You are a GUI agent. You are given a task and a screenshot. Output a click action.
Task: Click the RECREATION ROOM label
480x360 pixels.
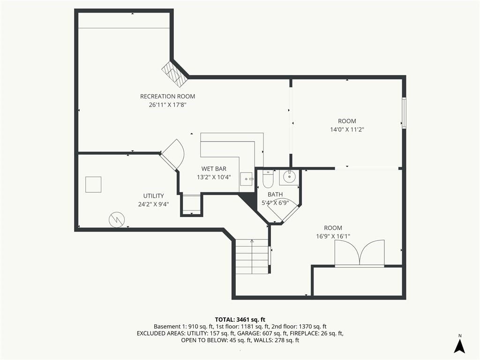tap(167, 97)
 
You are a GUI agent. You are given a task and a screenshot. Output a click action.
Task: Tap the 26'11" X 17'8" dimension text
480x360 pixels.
tap(168, 105)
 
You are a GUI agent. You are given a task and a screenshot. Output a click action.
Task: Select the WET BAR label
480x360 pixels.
tap(214, 169)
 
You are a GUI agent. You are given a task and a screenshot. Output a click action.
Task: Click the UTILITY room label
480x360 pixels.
tap(154, 195)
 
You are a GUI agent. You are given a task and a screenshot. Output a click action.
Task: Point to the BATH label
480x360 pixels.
tap(275, 195)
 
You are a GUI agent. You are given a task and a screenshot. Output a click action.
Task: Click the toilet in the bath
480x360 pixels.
tap(268, 179)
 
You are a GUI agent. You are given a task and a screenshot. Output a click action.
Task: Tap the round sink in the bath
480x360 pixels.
tap(289, 177)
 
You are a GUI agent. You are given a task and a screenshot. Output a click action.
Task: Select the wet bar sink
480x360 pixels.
tap(247, 179)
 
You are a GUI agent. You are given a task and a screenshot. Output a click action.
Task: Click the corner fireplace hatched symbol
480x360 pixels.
tap(174, 74)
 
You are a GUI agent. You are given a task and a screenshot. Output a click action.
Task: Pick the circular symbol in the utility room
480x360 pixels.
tap(117, 219)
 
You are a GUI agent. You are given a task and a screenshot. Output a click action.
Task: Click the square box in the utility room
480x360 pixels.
tap(93, 185)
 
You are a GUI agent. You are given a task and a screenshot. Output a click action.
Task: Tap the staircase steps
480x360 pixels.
tap(252, 256)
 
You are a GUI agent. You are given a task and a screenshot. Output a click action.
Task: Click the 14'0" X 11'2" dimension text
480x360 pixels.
tap(347, 129)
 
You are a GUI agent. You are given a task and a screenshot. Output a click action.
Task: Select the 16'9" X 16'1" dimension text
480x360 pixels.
tap(333, 236)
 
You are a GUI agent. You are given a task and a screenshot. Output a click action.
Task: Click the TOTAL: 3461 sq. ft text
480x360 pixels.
tap(240, 320)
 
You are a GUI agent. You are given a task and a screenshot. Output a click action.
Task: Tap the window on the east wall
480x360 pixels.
tap(404, 112)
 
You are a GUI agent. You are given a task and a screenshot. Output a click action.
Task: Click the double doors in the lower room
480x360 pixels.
tap(360, 253)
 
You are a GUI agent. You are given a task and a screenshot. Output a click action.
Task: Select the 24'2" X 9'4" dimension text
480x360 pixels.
tap(154, 204)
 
